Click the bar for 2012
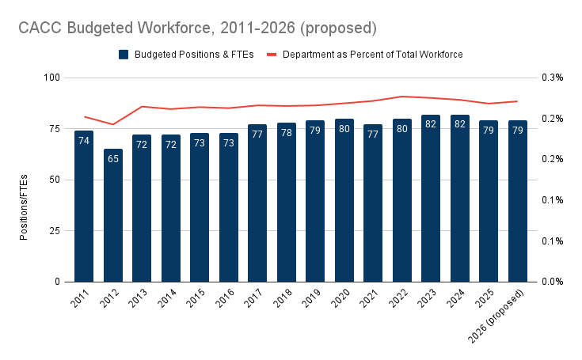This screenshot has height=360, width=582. click(x=113, y=215)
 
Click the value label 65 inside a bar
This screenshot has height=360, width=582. click(x=113, y=159)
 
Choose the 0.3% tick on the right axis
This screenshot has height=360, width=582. click(x=552, y=78)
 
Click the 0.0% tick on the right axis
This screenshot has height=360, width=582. click(x=552, y=282)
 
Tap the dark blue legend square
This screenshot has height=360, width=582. click(x=124, y=55)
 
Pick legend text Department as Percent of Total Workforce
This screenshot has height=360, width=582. click(x=372, y=55)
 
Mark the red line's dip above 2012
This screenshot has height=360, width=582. click(x=113, y=124)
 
